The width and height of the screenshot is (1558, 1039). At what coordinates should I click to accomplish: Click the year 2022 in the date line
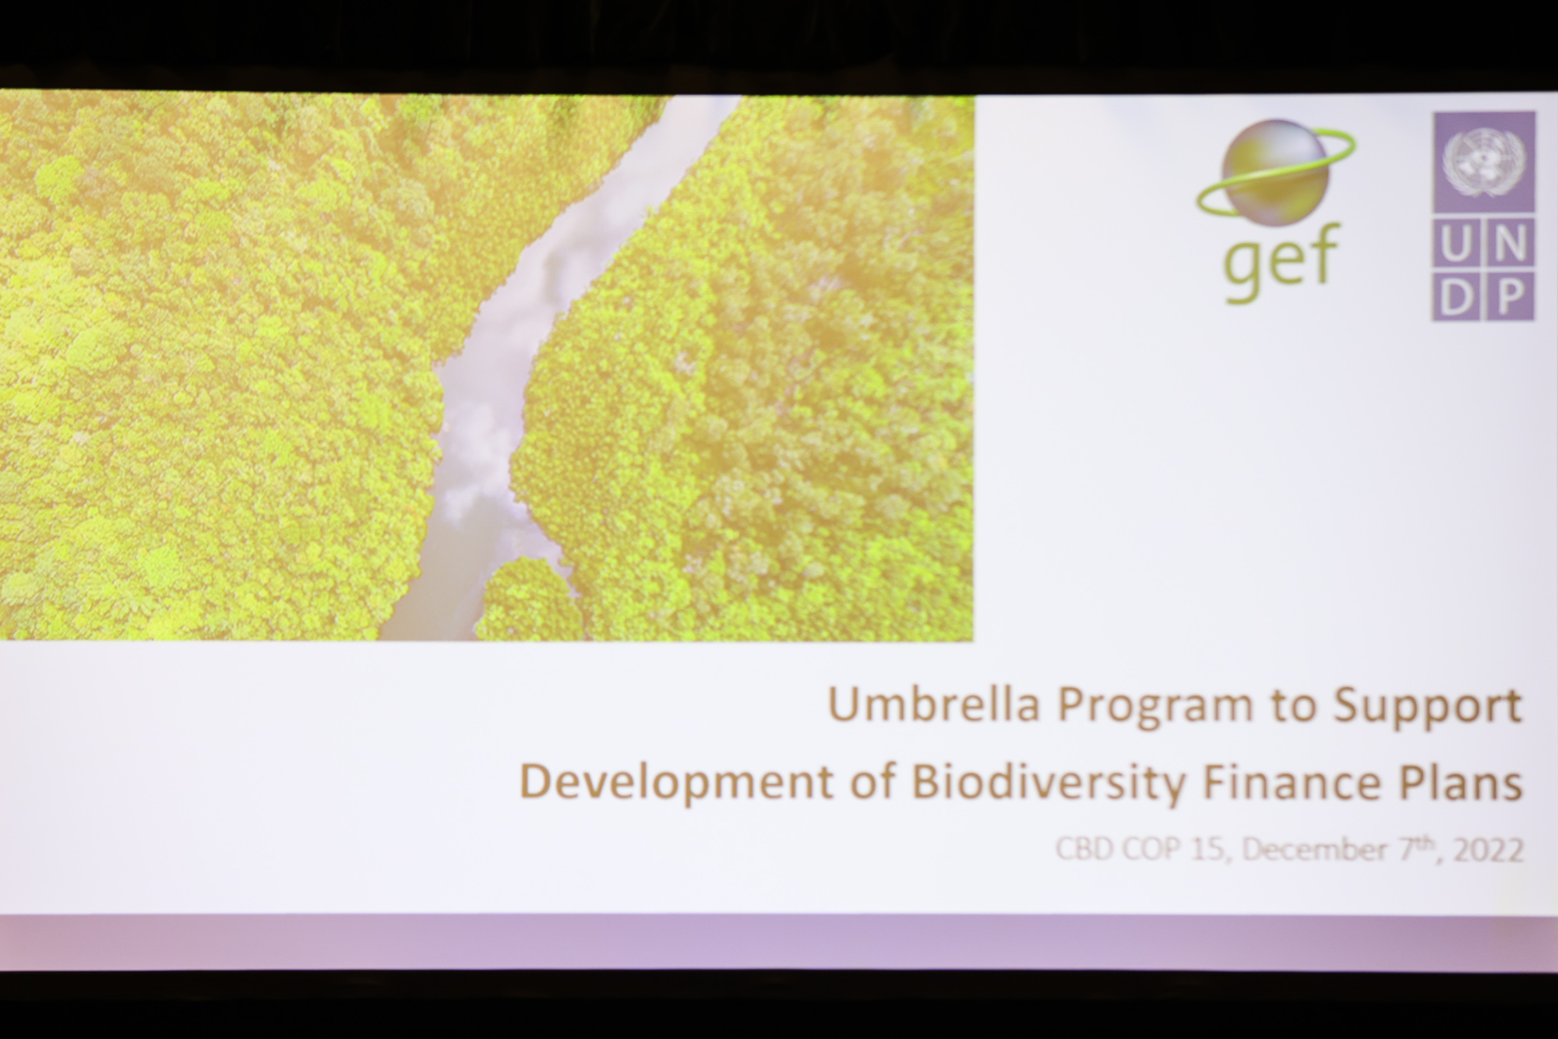[x=1489, y=850]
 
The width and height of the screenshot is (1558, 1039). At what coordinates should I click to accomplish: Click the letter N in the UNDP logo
[x=1510, y=243]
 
